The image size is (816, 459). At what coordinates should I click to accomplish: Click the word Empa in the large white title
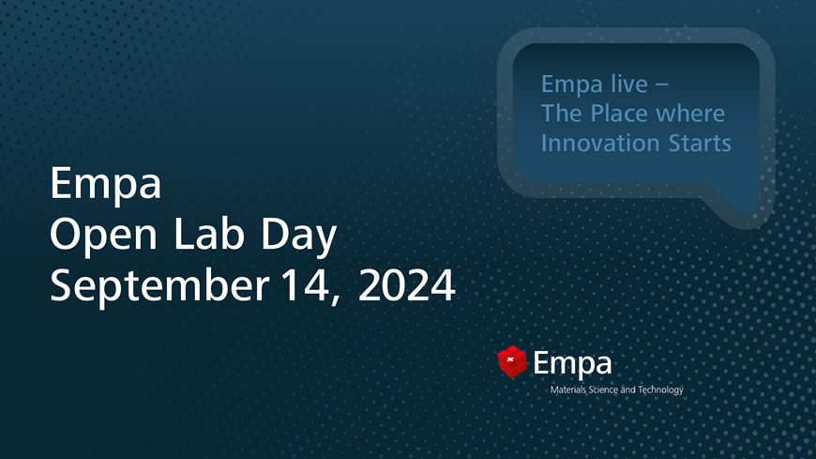106,184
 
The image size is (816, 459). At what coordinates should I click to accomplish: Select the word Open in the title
103,236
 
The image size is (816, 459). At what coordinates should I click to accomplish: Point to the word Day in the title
298,236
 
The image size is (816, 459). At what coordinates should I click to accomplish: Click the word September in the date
159,287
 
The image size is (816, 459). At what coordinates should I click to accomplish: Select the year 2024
406,285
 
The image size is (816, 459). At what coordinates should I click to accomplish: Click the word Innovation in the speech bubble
601,143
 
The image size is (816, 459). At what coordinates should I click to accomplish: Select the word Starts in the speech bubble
700,144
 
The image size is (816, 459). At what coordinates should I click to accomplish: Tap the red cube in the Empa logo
512,361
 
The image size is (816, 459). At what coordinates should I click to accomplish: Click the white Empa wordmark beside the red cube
572,364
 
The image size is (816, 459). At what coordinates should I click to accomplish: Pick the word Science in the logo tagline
606,390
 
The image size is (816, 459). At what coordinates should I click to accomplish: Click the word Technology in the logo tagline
661,390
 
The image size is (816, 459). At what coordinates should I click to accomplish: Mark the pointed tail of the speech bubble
752,218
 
